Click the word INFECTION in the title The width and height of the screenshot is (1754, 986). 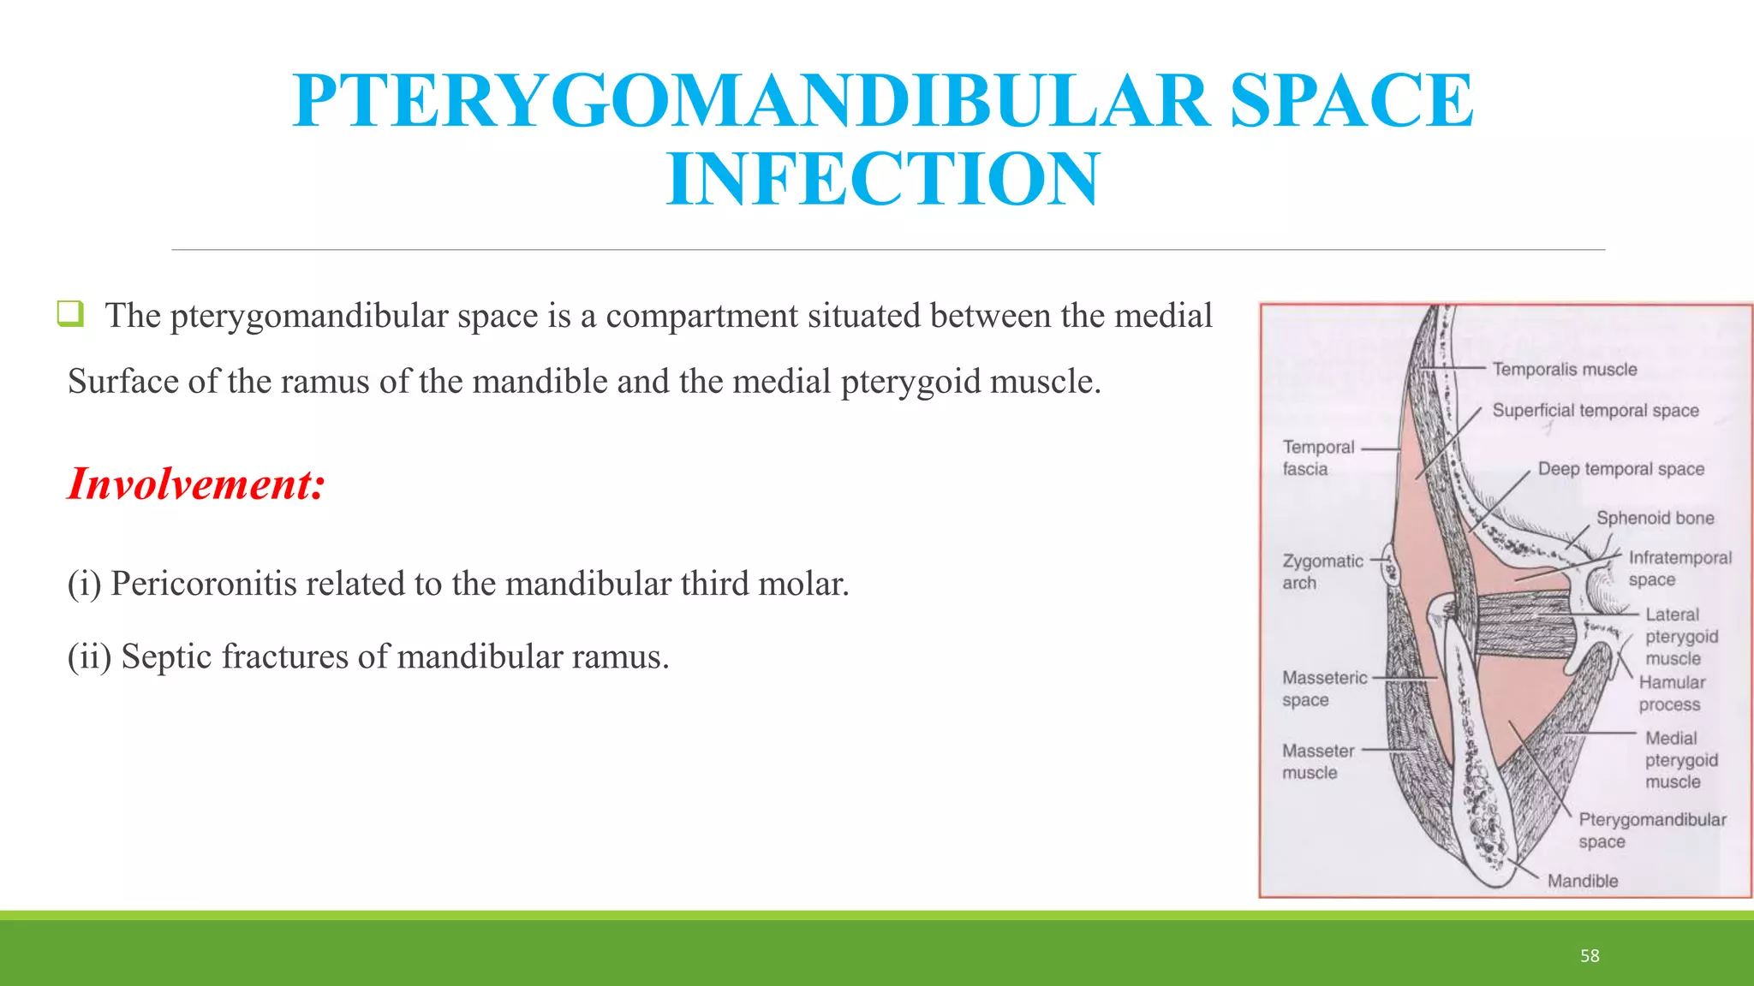(x=882, y=180)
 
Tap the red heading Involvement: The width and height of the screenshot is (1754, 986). (x=196, y=484)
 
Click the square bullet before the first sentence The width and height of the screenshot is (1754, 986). (x=70, y=313)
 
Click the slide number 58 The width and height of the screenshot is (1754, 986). (x=1590, y=956)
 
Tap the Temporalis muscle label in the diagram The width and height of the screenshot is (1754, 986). (x=1565, y=370)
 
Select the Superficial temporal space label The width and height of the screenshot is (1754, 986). (x=1595, y=411)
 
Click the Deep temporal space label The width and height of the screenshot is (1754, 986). (x=1620, y=469)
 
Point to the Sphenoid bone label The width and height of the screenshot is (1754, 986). (x=1655, y=518)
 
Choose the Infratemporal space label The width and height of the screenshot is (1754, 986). (x=1679, y=568)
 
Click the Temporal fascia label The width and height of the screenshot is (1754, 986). (x=1317, y=458)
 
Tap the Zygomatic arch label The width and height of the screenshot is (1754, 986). (x=1321, y=572)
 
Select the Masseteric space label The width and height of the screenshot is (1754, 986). (x=1324, y=688)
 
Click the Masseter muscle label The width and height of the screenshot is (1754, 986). (x=1317, y=761)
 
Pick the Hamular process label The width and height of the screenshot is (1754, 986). (x=1671, y=693)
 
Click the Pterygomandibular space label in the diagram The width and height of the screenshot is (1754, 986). (x=1651, y=829)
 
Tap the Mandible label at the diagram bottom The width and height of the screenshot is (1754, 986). (x=1582, y=881)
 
